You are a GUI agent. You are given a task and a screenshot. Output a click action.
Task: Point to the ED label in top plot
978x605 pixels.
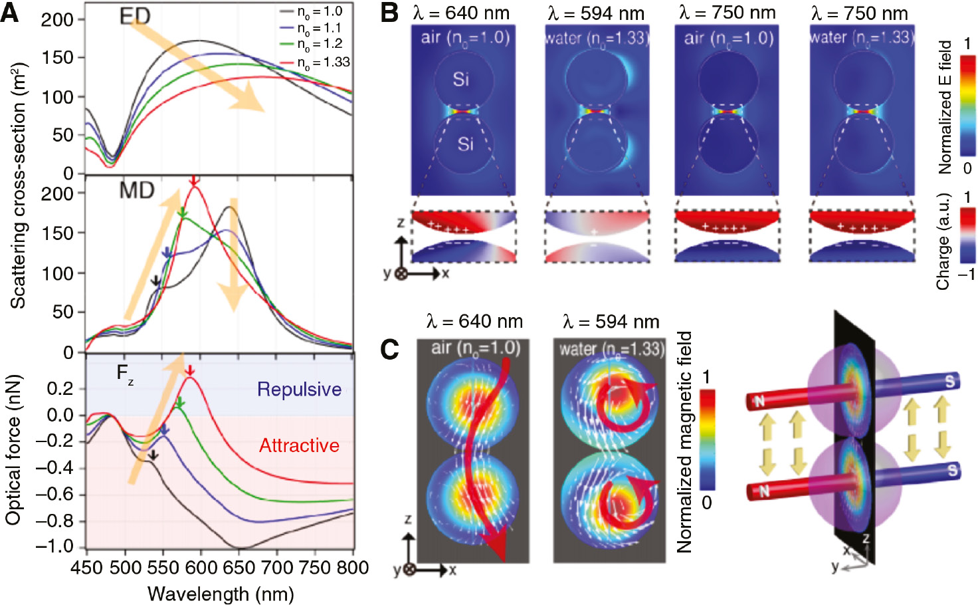(x=134, y=17)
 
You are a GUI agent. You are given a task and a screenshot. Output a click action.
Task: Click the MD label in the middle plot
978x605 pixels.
(x=136, y=191)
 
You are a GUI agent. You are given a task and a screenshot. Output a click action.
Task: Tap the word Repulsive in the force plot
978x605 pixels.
(x=299, y=390)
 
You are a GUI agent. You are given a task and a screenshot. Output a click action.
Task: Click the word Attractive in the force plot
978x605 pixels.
(x=299, y=445)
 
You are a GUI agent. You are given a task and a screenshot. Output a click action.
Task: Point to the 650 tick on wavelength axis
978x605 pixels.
(x=239, y=568)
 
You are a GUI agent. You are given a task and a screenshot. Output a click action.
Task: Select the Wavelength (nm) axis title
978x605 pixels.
(x=221, y=594)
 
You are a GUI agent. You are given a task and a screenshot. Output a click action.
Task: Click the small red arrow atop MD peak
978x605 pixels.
(x=193, y=181)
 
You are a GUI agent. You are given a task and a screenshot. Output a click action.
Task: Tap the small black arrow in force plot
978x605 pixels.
(x=153, y=455)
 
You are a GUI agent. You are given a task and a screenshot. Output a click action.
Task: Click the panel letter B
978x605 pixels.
(x=389, y=13)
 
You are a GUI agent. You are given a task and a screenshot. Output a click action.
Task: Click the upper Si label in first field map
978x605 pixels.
(x=460, y=79)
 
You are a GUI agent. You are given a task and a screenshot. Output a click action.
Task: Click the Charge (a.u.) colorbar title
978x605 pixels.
(x=943, y=241)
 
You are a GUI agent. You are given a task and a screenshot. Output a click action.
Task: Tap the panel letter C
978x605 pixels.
(x=389, y=350)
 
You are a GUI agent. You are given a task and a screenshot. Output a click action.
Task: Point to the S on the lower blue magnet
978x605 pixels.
(x=953, y=471)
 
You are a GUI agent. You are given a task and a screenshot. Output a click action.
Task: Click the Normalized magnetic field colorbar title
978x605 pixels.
(x=684, y=442)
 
